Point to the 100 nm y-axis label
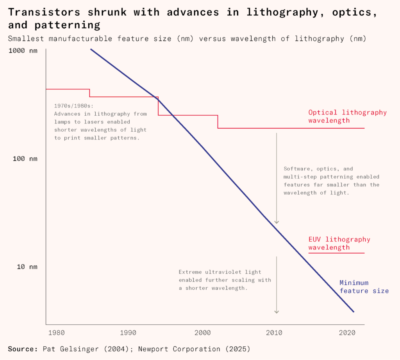point(27,159)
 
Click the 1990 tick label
point(128,333)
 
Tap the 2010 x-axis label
point(274,333)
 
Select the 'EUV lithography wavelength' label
point(339,244)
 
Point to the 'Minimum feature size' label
point(364,287)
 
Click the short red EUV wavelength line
point(336,253)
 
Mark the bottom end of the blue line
point(354,312)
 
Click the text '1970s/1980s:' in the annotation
point(74,106)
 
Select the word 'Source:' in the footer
point(23,349)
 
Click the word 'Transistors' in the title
point(44,12)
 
